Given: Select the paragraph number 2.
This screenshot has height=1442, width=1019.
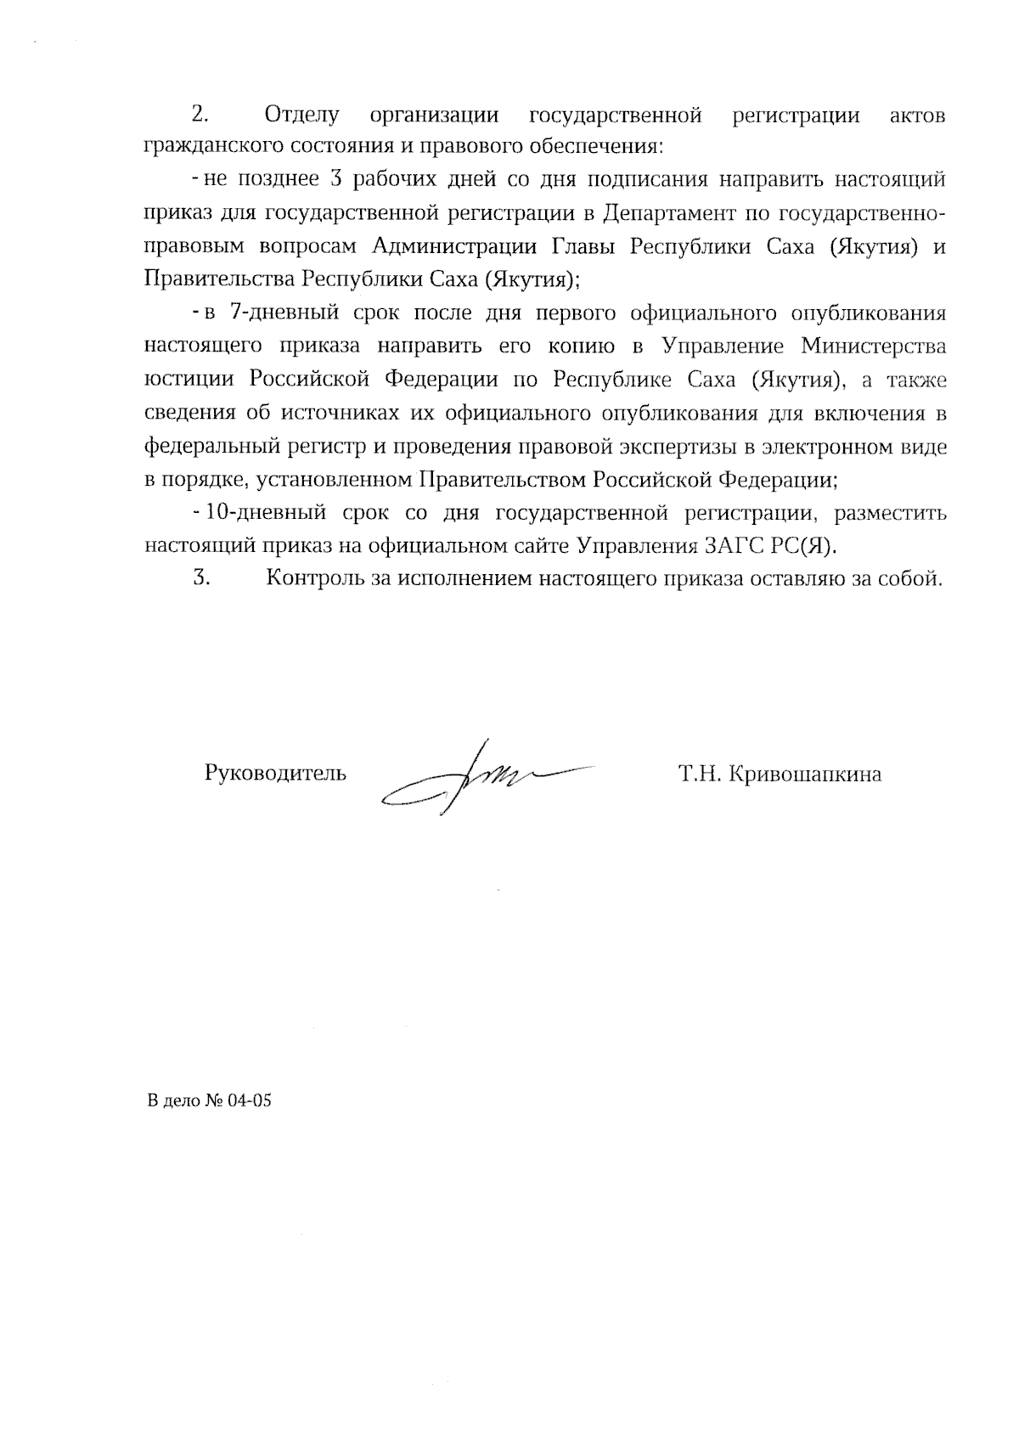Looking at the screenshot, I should (x=200, y=115).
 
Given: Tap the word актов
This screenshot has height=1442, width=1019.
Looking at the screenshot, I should (x=916, y=115).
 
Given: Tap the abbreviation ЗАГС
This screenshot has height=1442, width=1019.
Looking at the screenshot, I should (x=731, y=546).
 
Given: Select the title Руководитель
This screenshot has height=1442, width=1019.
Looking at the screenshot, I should (x=275, y=774).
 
